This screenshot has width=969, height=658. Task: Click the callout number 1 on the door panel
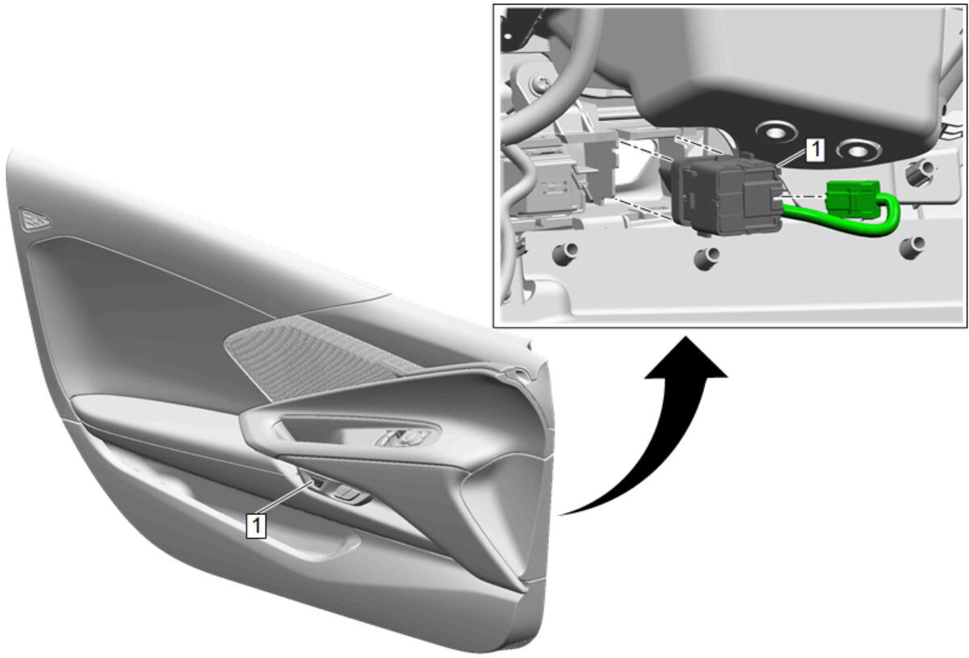point(256,526)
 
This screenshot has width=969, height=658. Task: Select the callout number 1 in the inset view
point(815,150)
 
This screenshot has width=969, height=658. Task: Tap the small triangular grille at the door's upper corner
point(35,219)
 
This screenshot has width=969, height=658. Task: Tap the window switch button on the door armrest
point(347,492)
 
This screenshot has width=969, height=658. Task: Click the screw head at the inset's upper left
point(541,82)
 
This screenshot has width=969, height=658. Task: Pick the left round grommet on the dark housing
point(776,132)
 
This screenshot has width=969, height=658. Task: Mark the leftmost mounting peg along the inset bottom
point(565,253)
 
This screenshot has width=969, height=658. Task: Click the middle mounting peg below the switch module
point(707,258)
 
